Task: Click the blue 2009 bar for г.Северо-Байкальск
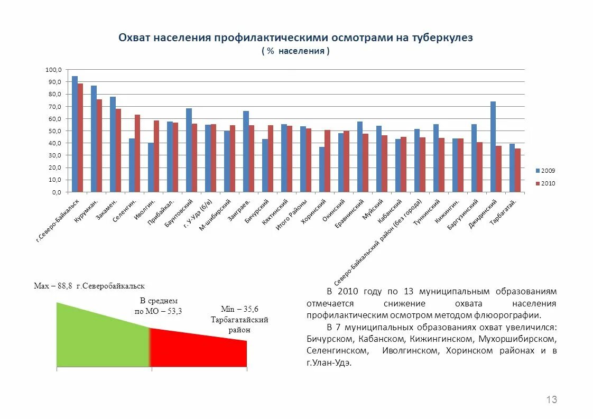[75, 134]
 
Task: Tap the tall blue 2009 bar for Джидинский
[493, 146]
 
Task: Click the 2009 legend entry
[545, 171]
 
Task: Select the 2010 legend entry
[545, 183]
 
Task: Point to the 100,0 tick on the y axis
[54, 70]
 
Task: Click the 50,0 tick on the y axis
[55, 131]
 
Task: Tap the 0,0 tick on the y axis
[57, 192]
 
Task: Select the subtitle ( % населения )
[295, 51]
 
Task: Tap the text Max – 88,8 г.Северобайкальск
[89, 286]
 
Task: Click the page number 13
[551, 399]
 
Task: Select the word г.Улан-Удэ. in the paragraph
[328, 363]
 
